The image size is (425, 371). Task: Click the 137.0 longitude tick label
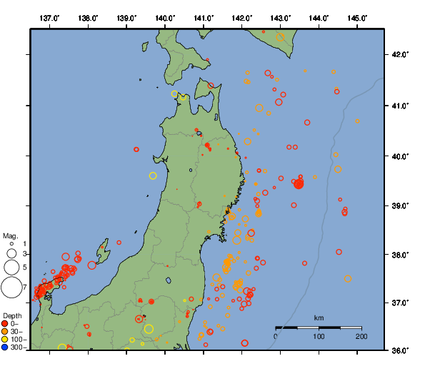coord(49,17)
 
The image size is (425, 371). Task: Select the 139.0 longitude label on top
coord(126,17)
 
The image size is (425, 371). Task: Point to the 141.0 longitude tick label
coord(204,17)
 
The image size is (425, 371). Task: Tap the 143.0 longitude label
coord(281,17)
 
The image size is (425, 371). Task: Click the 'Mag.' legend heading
coord(10,235)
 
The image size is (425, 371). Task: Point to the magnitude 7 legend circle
coord(11,288)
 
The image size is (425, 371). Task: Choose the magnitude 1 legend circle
coord(11,244)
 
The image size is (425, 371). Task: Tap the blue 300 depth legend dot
coord(5,347)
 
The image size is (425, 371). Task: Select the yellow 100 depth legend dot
coord(5,340)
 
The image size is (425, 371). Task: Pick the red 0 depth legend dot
coord(5,323)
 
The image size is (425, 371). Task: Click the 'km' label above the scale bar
coord(319,317)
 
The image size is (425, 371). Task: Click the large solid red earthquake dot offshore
coord(299,183)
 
